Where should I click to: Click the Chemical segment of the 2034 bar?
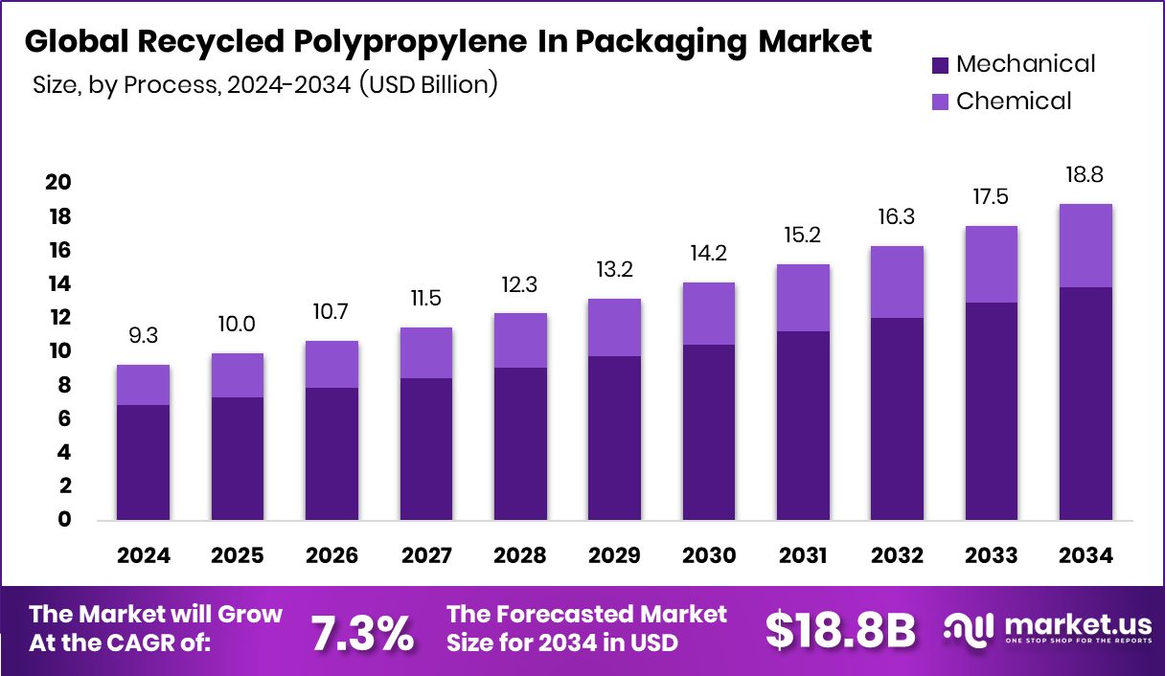coord(1085,245)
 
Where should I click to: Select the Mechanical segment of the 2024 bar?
coord(144,462)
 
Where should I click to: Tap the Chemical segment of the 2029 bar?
coord(614,327)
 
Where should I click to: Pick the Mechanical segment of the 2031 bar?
coord(803,425)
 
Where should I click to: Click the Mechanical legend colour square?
coord(940,65)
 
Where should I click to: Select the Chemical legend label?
coord(1014,101)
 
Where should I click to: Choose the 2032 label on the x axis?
coord(897,556)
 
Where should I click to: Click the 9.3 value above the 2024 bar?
coord(144,337)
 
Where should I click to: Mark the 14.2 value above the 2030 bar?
coord(708,255)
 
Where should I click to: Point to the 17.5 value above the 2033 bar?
coord(992,198)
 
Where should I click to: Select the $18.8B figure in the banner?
coord(839,630)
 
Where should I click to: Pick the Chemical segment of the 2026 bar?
coord(331,365)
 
